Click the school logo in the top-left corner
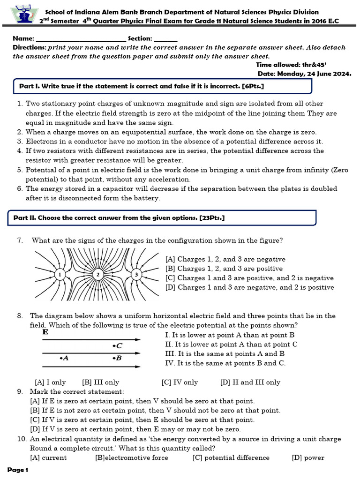click(x=21, y=15)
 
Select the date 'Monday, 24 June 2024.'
click(x=315, y=74)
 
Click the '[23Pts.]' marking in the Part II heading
click(x=212, y=218)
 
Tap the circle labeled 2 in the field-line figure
click(x=97, y=274)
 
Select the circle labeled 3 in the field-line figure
click(x=136, y=274)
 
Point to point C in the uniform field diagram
click(x=117, y=346)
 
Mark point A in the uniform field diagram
click(x=64, y=358)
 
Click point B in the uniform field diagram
click(x=117, y=358)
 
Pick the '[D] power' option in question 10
click(x=308, y=458)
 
